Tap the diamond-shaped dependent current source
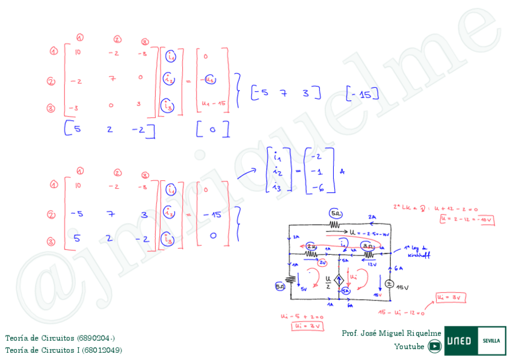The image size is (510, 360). [339, 280]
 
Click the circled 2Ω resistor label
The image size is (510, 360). [312, 246]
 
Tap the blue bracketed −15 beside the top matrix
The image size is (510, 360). [363, 94]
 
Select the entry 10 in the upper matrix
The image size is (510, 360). [78, 52]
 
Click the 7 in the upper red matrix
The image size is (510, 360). [112, 78]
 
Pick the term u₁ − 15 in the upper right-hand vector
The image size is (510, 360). [214, 103]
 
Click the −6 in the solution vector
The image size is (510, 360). [319, 188]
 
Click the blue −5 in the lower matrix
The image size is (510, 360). [76, 214]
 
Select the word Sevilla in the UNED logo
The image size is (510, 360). [491, 341]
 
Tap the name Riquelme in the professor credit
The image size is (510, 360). [423, 333]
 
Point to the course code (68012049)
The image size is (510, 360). [102, 350]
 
